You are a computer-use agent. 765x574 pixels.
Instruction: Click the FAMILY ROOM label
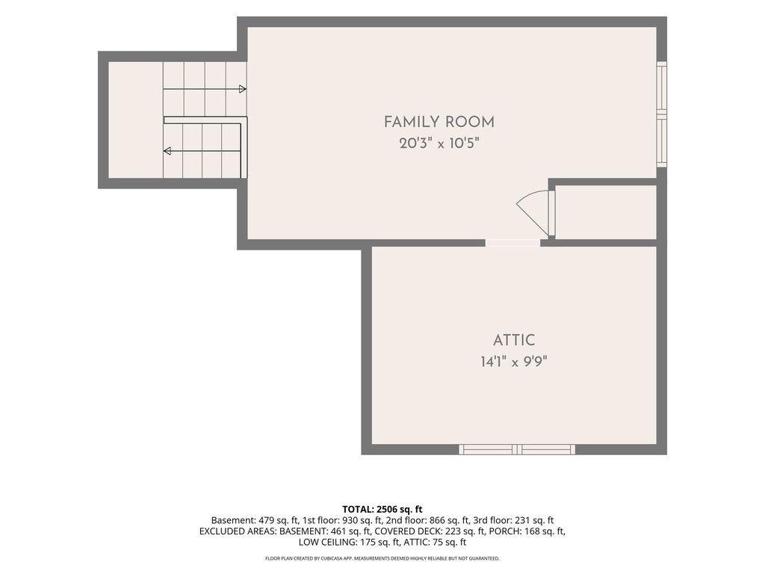(x=439, y=122)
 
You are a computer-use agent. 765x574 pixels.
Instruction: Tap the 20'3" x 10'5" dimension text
(x=439, y=143)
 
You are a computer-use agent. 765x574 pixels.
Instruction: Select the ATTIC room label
(x=514, y=340)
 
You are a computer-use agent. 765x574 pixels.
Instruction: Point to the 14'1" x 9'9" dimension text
(x=514, y=362)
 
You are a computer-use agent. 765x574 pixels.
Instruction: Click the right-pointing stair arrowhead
(x=243, y=89)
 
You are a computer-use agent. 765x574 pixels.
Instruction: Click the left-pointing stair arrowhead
(x=167, y=151)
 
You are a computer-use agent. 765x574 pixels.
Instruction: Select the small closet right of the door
(x=605, y=212)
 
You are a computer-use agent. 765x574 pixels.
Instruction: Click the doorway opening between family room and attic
(x=512, y=243)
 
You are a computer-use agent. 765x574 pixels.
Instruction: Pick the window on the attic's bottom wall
(x=517, y=449)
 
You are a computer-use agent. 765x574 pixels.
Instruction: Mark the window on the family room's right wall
(x=662, y=114)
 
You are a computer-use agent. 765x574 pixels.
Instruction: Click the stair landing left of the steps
(x=135, y=120)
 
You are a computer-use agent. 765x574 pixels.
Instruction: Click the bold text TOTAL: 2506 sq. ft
(x=382, y=510)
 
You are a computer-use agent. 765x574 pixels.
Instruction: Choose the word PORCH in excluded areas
(x=505, y=531)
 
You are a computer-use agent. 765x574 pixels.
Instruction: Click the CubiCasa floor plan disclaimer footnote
(x=382, y=558)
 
